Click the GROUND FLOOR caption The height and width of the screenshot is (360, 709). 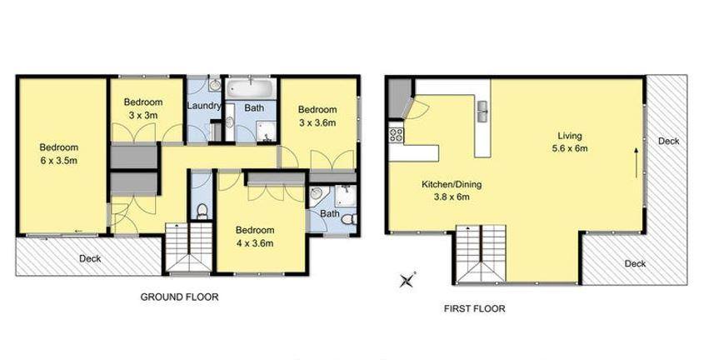coord(179,297)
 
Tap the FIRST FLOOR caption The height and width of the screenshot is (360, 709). coord(474,309)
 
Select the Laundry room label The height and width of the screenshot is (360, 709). coord(204,107)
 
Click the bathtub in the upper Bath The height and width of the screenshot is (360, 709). coord(251,88)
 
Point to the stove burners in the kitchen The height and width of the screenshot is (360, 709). coord(396,134)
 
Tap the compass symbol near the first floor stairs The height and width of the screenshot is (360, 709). coord(407,280)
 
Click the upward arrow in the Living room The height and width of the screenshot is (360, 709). coord(637,162)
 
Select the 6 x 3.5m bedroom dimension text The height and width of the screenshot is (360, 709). coord(59,161)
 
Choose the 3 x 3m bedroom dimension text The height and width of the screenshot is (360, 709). coord(143,115)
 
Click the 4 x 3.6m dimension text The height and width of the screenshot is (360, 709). coord(255,243)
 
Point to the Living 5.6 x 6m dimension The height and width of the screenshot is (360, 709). coord(570,147)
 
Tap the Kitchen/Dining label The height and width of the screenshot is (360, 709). coord(452,184)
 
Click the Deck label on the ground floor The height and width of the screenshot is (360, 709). coord(90,258)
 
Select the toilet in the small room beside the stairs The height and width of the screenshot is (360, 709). coord(202,211)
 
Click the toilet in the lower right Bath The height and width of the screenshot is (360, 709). coord(349,219)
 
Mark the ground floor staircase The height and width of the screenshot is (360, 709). coord(188,247)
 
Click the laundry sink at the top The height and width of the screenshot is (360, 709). coord(215,84)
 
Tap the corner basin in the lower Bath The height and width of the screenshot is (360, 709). coord(315,194)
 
